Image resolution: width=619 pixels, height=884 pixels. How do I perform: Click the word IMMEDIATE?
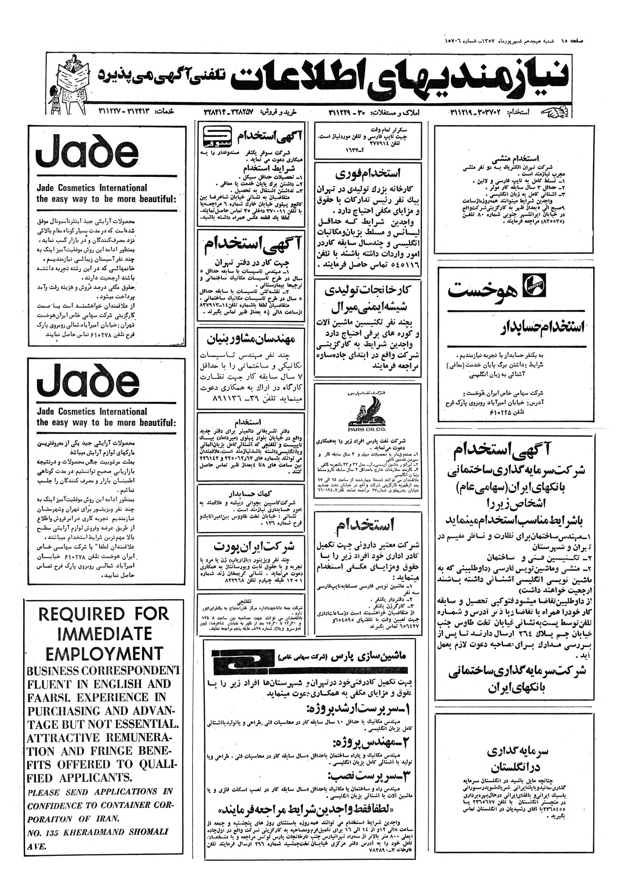coord(103,633)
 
